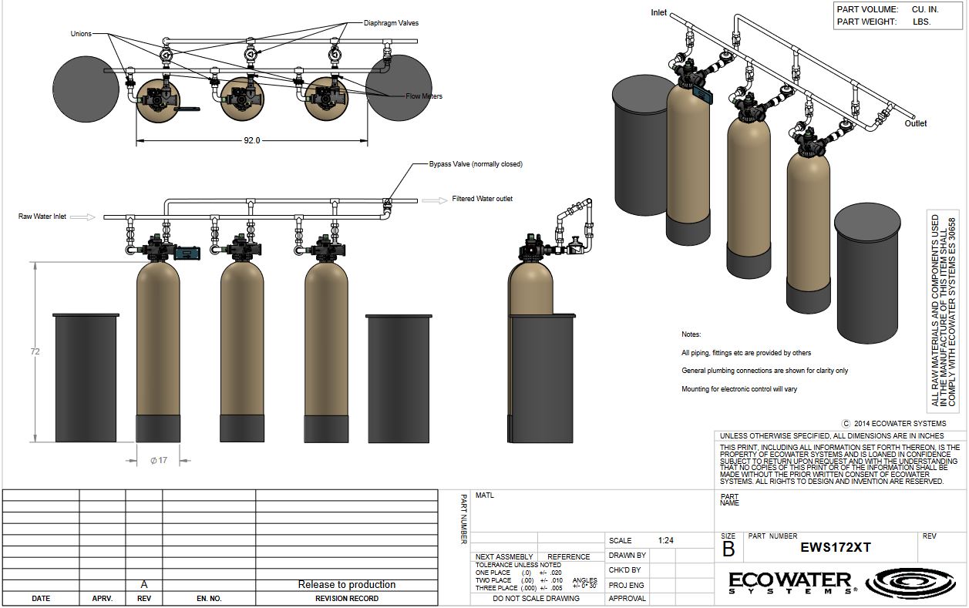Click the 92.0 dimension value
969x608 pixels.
pos(252,140)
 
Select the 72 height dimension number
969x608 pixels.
pos(35,351)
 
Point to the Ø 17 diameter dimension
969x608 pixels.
pos(159,461)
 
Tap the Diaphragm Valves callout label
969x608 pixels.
pos(391,23)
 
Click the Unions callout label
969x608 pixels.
pos(81,34)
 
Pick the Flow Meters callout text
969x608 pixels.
pos(424,96)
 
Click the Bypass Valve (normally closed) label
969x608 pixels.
pos(476,164)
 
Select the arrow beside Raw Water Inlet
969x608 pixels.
pos(82,217)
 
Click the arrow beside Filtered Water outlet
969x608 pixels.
pos(434,200)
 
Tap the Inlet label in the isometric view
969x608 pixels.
pos(659,12)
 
